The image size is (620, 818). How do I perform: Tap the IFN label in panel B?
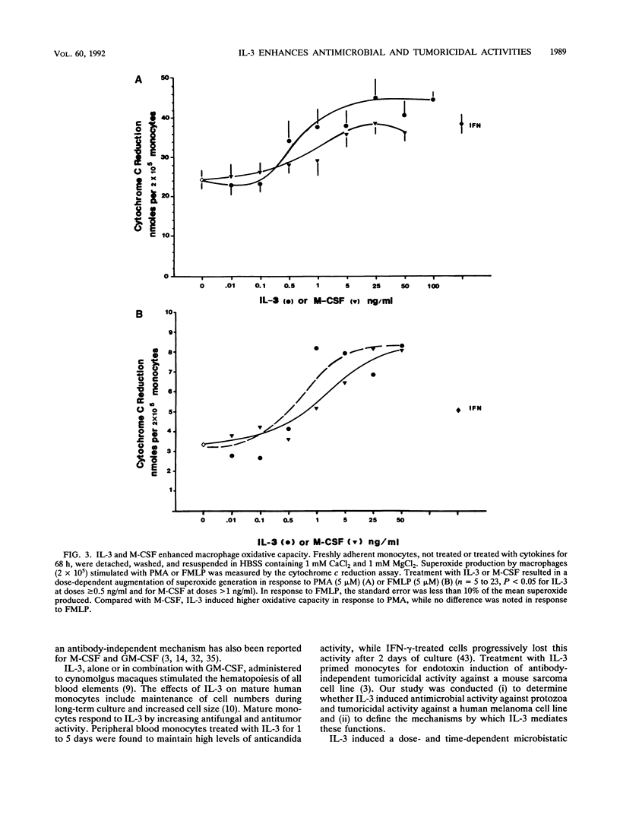click(x=476, y=411)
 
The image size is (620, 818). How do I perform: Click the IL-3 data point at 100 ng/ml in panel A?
click(x=433, y=99)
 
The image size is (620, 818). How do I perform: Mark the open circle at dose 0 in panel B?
click(x=203, y=445)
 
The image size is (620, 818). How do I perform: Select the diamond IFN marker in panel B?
click(x=458, y=411)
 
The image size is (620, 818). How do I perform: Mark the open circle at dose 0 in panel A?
click(x=202, y=180)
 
